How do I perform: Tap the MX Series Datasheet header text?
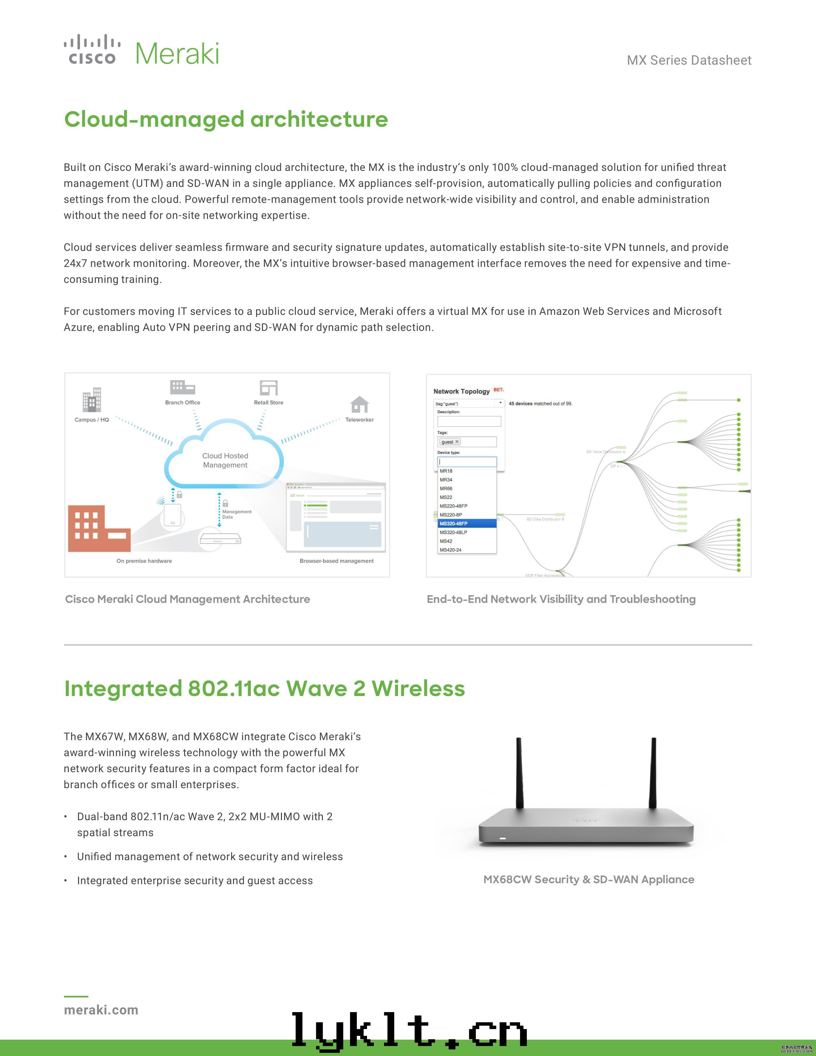689,60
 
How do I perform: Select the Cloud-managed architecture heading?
226,119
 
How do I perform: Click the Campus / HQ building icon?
92,400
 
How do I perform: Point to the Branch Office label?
182,402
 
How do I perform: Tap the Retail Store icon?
269,388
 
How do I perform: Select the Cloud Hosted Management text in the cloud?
225,460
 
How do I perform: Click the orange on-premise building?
99,529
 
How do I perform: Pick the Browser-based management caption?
336,561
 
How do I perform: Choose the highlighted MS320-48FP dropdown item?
467,524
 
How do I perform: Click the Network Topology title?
461,391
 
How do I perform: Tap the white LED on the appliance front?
503,838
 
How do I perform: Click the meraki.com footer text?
101,1010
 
